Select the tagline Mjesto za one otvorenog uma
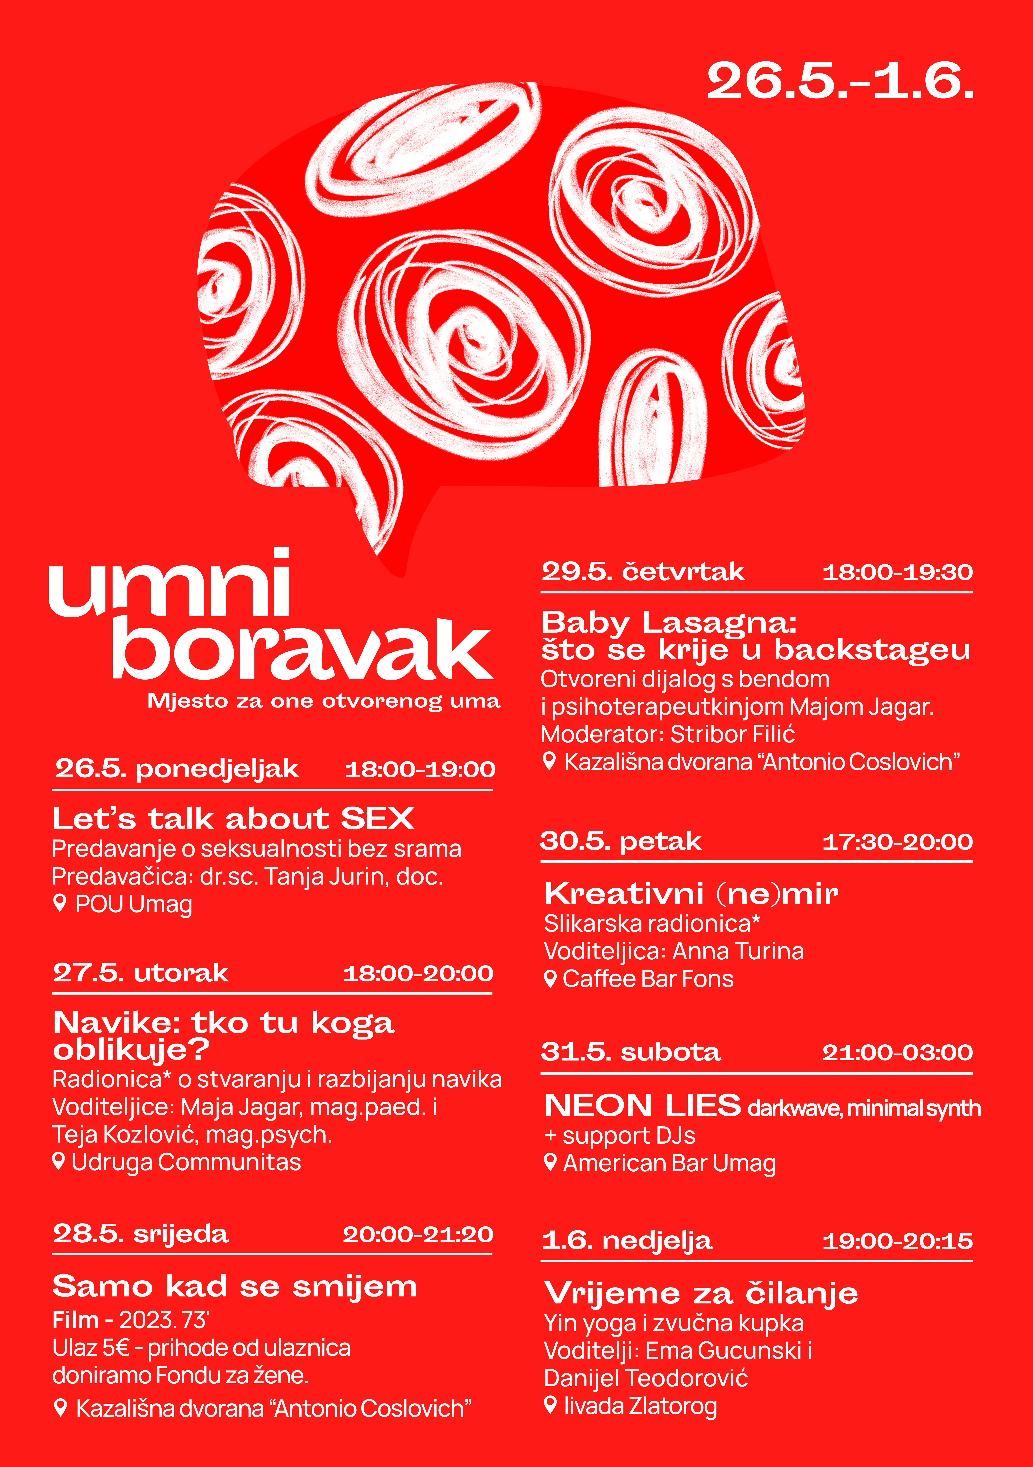click(323, 701)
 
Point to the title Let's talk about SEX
click(233, 818)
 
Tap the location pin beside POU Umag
click(60, 903)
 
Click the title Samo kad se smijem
click(235, 1286)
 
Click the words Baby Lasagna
click(668, 622)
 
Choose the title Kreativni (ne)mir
click(691, 893)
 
